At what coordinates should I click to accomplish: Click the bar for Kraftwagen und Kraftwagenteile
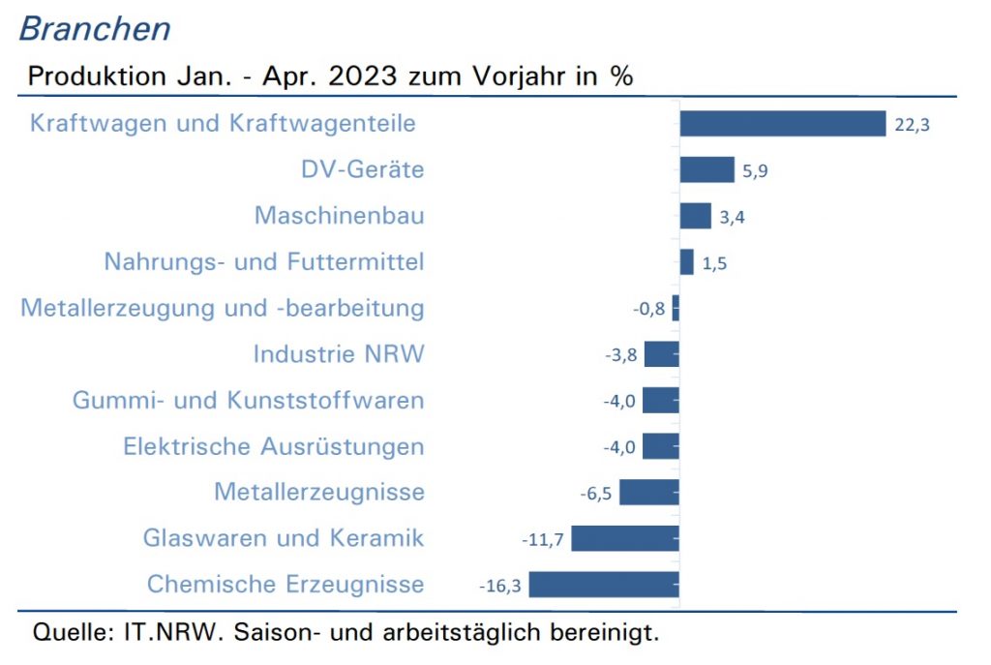783,123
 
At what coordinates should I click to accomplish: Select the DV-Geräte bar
707,169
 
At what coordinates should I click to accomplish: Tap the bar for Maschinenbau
695,216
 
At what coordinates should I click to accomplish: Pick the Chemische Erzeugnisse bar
604,584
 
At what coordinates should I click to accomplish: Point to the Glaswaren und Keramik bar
625,538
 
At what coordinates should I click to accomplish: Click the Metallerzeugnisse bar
649,492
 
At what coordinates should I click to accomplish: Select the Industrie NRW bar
662,354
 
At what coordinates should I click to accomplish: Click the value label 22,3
912,125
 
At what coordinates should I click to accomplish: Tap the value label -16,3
500,586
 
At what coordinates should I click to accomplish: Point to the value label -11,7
542,540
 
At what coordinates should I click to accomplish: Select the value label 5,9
755,170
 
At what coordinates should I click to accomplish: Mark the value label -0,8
648,309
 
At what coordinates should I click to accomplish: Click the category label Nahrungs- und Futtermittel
264,261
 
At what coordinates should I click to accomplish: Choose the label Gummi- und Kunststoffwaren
248,400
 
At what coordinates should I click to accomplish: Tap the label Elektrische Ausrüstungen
274,446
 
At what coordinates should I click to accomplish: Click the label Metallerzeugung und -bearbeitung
223,309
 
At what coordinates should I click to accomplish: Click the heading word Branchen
95,29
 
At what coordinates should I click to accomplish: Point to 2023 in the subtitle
363,76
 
